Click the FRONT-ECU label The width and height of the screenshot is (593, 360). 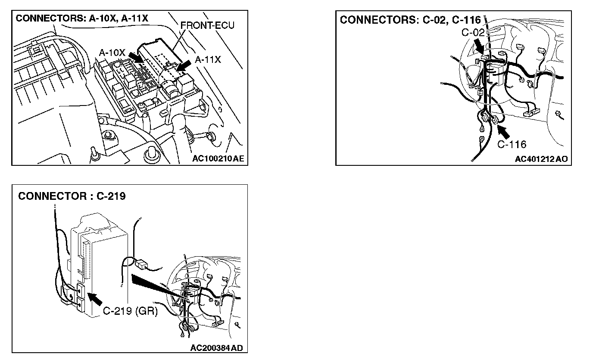click(207, 25)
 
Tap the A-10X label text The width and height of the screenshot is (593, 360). click(112, 53)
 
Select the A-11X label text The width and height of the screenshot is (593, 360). click(208, 60)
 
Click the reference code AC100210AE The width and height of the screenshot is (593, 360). click(218, 158)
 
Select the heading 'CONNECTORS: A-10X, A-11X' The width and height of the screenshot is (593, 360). click(82, 19)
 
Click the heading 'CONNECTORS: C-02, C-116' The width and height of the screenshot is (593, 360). click(410, 20)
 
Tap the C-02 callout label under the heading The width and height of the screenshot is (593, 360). click(473, 32)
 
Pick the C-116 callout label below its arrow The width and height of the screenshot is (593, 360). click(512, 144)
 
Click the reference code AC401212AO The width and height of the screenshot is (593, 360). click(541, 159)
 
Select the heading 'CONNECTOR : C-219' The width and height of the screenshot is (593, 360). click(72, 196)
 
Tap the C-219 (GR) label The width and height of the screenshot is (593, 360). click(130, 311)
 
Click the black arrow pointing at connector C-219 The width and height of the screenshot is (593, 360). click(97, 299)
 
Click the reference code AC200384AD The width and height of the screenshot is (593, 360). click(219, 347)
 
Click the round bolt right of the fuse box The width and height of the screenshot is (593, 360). click(211, 137)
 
